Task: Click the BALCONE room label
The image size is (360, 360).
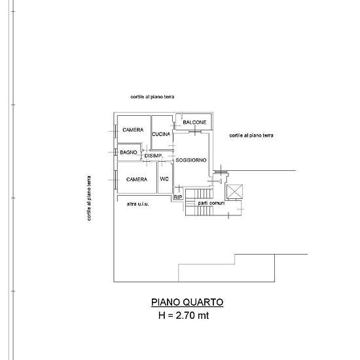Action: point(194,122)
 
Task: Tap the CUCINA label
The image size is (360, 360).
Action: point(161,134)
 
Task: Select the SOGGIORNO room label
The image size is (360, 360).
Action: point(190,160)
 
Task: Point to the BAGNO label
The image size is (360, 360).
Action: point(128,153)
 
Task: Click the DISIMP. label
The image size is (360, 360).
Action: point(154,156)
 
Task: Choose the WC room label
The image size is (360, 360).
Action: point(164,179)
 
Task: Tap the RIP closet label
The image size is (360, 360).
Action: point(178,197)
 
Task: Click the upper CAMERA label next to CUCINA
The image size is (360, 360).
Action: point(133,130)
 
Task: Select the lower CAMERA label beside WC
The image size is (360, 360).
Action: point(137,179)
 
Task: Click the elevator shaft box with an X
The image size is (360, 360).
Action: point(234,191)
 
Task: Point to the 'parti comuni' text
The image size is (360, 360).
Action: point(211,203)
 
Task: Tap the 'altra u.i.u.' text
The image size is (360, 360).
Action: point(137,204)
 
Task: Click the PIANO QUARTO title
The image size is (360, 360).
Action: point(187,302)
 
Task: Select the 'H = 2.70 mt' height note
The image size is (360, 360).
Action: point(184,315)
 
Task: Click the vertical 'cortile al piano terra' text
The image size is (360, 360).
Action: point(89,198)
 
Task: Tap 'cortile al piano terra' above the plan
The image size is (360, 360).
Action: point(153,97)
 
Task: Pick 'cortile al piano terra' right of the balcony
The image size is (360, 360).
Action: point(251,135)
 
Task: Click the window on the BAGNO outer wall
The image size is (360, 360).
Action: point(115,153)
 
